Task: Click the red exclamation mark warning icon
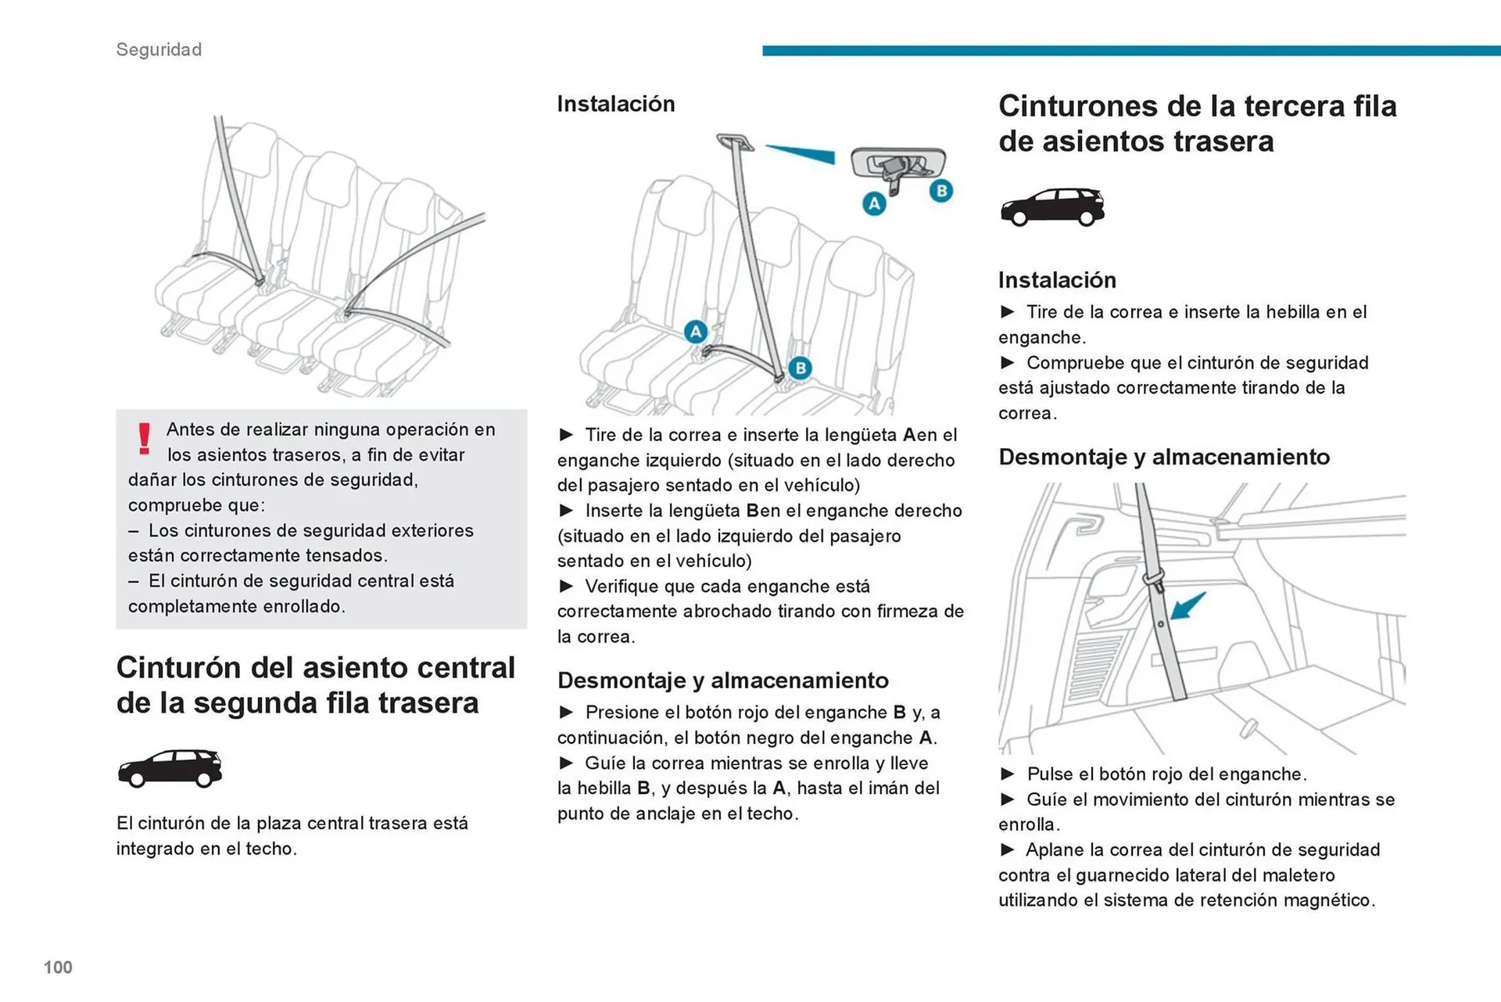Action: (x=144, y=438)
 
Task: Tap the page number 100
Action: (x=58, y=968)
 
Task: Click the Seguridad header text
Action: (x=159, y=49)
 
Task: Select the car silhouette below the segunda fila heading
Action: (x=170, y=768)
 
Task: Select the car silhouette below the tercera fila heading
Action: (x=1052, y=207)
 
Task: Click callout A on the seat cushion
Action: (x=695, y=332)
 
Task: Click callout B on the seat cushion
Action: (x=799, y=368)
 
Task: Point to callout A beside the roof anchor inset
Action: (x=874, y=204)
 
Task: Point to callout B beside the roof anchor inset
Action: (x=941, y=190)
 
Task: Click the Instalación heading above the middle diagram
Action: (x=615, y=104)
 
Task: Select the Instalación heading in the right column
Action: (x=1056, y=280)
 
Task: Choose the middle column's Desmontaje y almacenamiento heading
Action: (x=722, y=681)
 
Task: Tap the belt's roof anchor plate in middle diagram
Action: (x=735, y=142)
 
